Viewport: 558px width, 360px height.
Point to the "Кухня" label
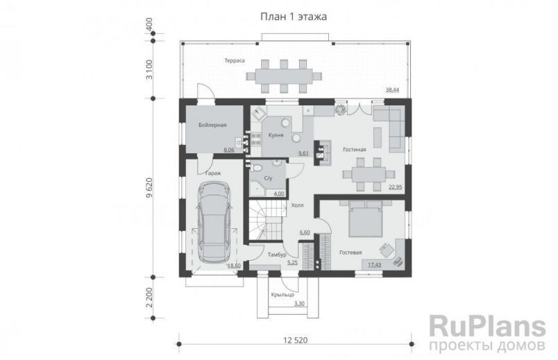tap(276, 135)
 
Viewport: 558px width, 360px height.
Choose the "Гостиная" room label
tap(354, 148)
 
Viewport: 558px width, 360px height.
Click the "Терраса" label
tap(234, 61)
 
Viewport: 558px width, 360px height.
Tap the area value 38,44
tap(392, 90)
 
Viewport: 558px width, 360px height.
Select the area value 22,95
tap(396, 187)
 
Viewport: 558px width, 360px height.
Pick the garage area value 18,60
tap(233, 265)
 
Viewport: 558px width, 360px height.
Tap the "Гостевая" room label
tap(350, 253)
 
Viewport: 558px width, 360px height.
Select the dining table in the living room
tap(366, 172)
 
